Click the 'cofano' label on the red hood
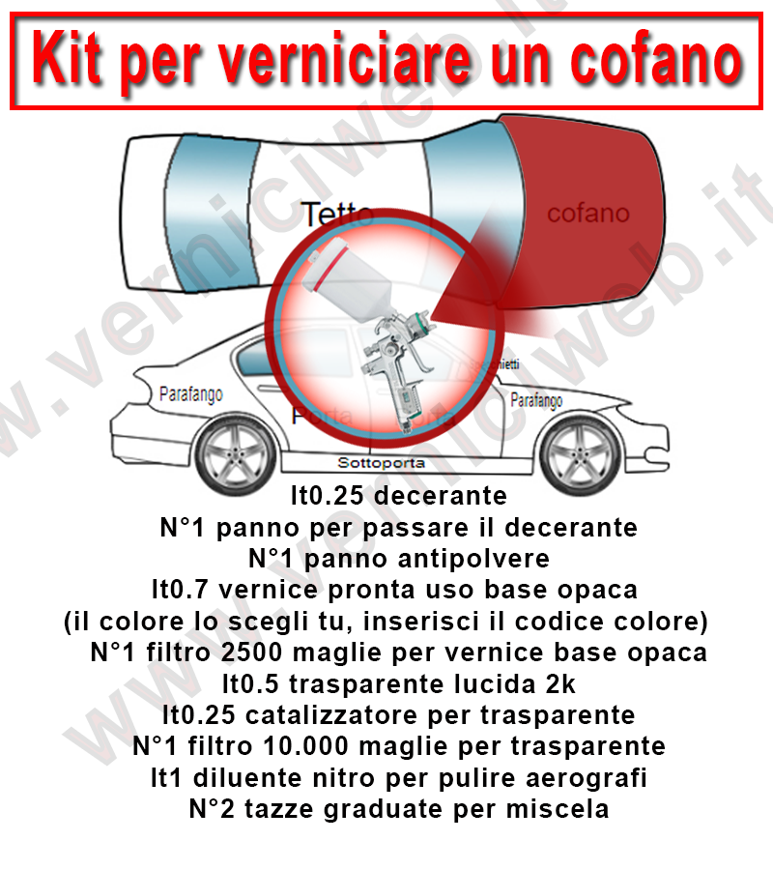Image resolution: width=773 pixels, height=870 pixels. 587,214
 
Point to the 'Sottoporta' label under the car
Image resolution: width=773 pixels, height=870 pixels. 381,463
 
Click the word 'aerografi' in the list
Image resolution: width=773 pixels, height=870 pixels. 591,777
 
